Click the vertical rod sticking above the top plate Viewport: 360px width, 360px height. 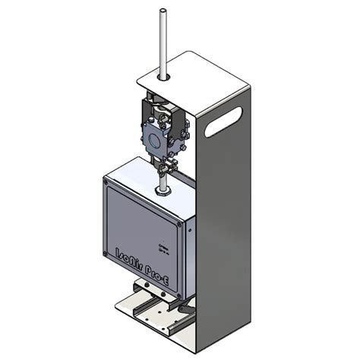point(163,38)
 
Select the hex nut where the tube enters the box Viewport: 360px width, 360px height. point(162,191)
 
